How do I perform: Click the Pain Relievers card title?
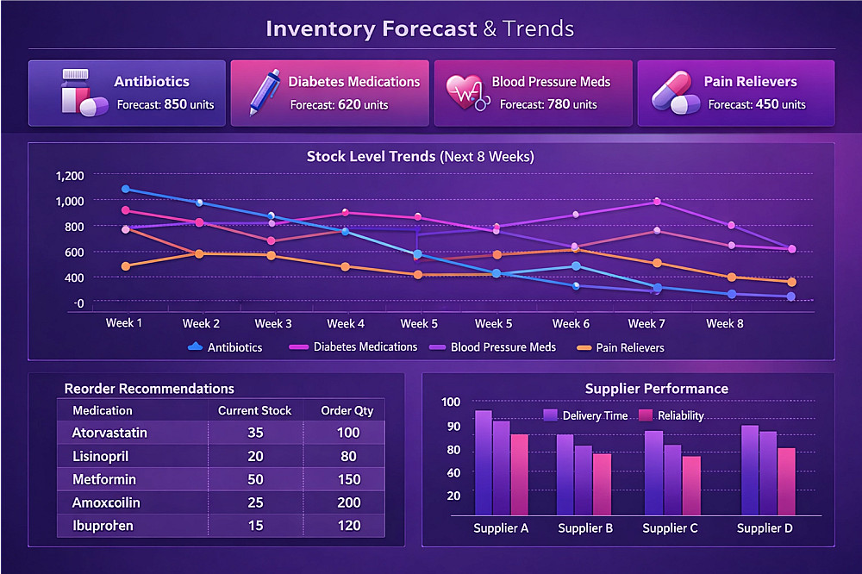(x=750, y=82)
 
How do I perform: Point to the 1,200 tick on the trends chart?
(x=69, y=176)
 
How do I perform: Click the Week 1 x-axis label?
(x=125, y=323)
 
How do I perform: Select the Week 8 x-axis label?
(x=725, y=323)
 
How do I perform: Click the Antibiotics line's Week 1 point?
(x=126, y=189)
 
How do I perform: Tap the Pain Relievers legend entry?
(x=621, y=347)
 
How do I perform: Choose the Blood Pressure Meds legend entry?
(x=503, y=347)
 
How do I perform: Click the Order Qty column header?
(x=347, y=410)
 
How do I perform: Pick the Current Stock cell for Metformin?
(x=254, y=479)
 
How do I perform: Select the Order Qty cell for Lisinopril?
(x=347, y=456)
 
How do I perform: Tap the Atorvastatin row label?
(x=109, y=433)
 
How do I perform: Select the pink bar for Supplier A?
(x=519, y=474)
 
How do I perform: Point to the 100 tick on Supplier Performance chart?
(x=451, y=402)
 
